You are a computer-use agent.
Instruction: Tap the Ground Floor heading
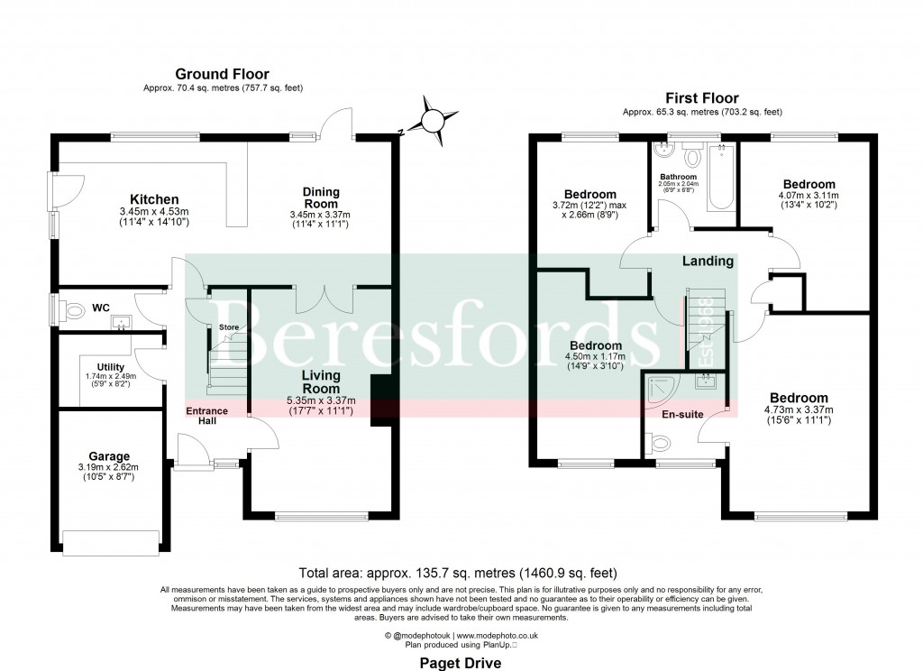(222, 74)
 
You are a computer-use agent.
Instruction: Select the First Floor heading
(701, 98)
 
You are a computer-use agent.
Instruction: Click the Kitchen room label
(154, 199)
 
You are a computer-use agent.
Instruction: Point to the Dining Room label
(320, 198)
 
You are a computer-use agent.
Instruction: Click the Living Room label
(320, 381)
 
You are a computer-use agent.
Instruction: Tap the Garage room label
(108, 456)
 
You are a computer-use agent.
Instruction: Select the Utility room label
(111, 367)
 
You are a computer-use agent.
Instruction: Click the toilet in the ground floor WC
(76, 311)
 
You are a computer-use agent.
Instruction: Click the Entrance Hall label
(206, 417)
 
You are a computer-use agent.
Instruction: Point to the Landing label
(708, 262)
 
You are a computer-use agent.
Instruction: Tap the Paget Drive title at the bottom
(461, 662)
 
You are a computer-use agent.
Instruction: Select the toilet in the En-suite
(659, 443)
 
